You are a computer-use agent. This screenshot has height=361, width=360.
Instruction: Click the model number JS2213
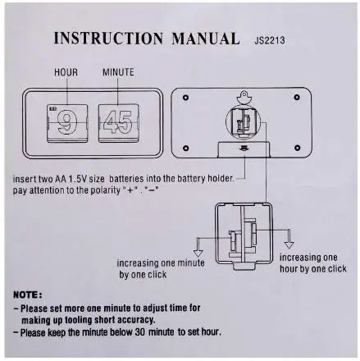pos(270,40)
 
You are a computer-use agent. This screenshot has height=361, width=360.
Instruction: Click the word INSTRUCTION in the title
pos(108,38)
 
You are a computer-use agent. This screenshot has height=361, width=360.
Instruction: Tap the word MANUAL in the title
pos(206,39)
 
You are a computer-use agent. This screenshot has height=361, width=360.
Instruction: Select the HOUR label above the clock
pos(66,72)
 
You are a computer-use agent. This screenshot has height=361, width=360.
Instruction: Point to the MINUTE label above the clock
pos(118,72)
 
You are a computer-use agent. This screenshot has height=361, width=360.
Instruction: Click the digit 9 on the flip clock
pos(67,122)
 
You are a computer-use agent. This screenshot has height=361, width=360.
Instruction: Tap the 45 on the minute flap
pos(118,122)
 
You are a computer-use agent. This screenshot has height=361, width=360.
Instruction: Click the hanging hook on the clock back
pos(244,98)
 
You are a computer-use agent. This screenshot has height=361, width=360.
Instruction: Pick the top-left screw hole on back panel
pos(185,98)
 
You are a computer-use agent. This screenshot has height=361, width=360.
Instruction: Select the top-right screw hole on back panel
pos(297,97)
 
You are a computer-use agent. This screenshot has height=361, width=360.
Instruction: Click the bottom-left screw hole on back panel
pos(185,148)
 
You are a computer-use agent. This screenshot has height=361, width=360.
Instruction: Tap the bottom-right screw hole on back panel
pos(297,148)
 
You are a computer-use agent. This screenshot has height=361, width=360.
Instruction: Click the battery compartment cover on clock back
pos(244,149)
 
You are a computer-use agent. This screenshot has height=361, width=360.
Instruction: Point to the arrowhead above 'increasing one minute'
pos(198,252)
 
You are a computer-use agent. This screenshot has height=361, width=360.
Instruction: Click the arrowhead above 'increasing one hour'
pos(289,244)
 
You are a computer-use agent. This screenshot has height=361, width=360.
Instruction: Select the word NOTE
pos(28,295)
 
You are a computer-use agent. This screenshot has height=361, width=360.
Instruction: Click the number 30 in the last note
pos(141,332)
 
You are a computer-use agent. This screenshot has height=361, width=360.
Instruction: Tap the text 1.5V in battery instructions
pos(77,179)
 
